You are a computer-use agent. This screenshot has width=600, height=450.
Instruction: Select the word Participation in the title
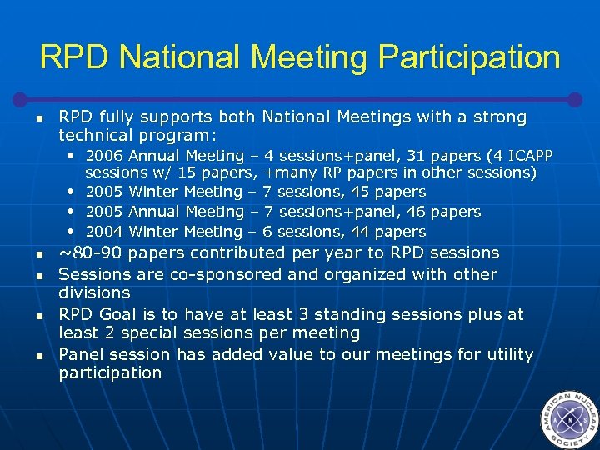[x=468, y=57]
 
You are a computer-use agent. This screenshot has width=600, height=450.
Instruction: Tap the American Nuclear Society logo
[x=568, y=419]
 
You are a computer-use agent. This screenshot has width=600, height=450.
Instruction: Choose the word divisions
[x=94, y=292]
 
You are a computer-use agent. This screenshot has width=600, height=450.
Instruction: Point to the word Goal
[x=119, y=314]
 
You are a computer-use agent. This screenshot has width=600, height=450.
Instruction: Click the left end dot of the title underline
[x=27, y=97]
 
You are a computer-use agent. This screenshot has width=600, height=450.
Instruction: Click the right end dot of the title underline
[x=574, y=98]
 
